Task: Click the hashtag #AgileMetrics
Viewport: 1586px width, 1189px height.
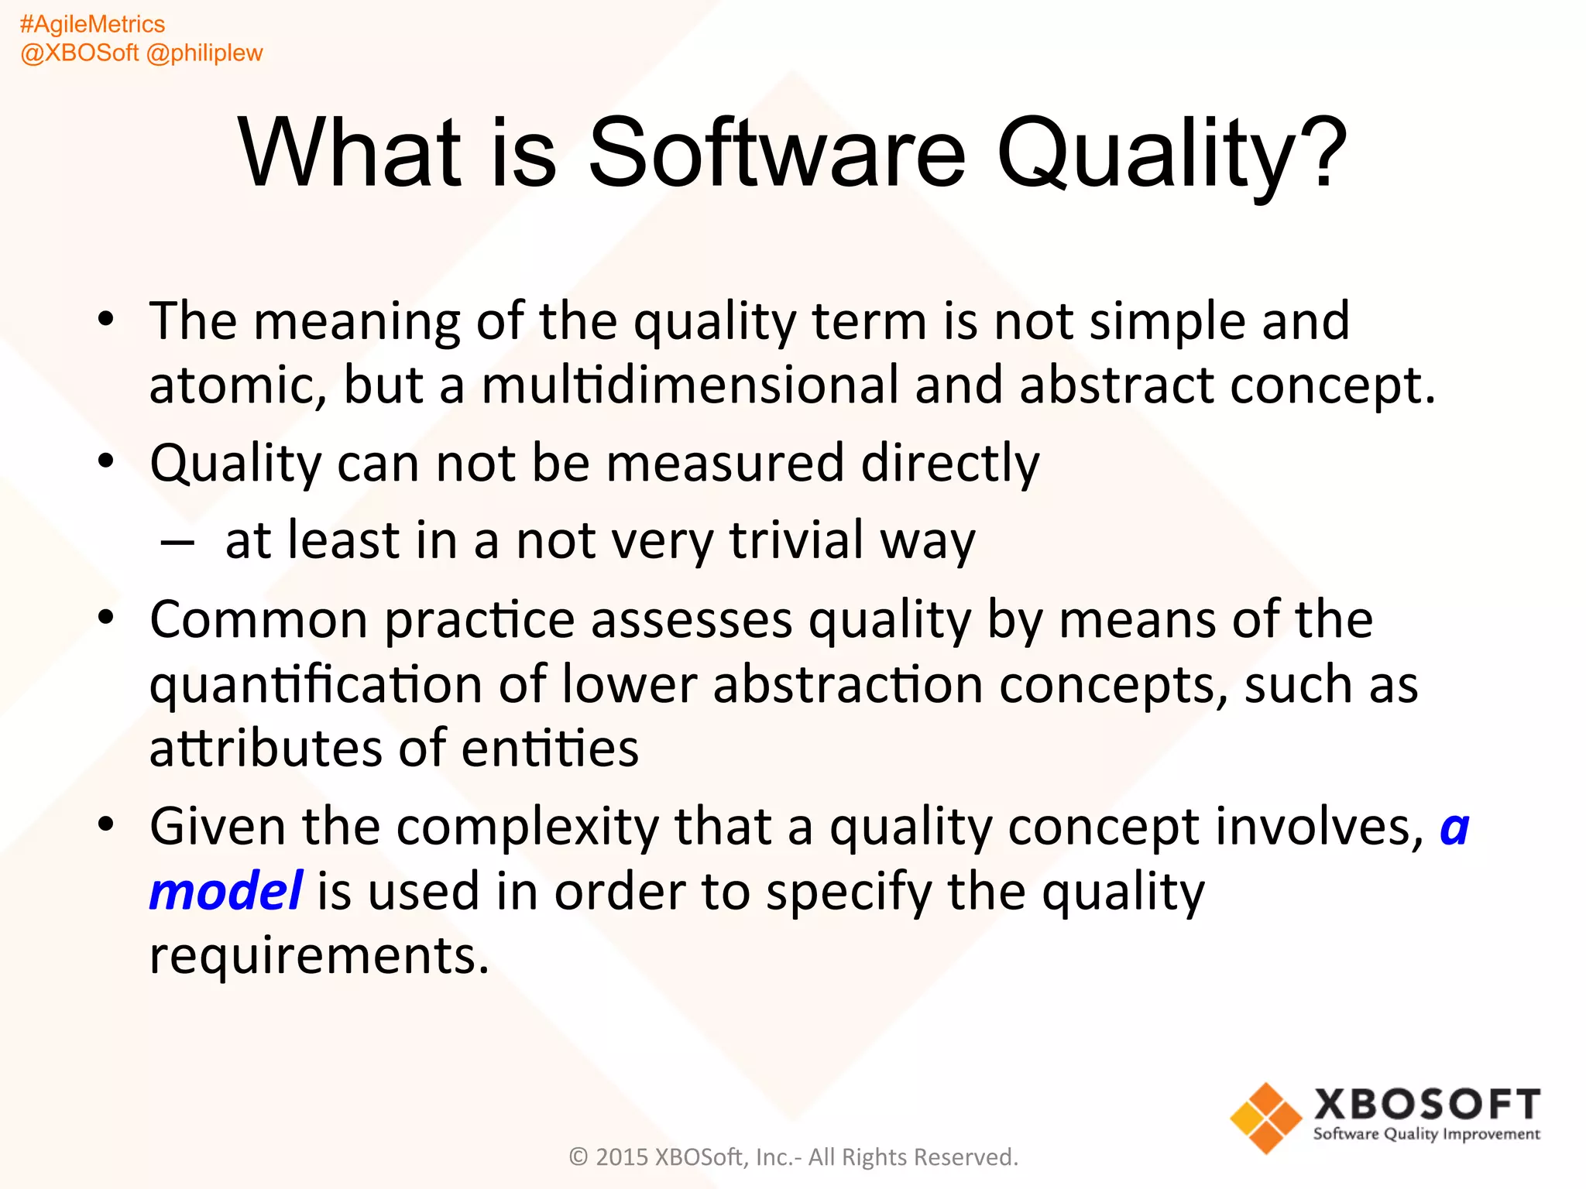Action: (x=92, y=24)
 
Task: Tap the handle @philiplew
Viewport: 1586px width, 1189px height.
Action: (x=204, y=53)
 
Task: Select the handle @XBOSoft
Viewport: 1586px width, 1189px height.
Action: (x=79, y=53)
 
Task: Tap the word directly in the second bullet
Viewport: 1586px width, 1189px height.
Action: (x=950, y=464)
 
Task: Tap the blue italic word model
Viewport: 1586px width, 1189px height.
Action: (x=225, y=891)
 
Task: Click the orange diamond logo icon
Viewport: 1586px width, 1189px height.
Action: (x=1265, y=1118)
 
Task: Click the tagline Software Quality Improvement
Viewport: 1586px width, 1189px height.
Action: (x=1426, y=1135)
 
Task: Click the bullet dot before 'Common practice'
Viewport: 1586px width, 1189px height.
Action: (x=106, y=617)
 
